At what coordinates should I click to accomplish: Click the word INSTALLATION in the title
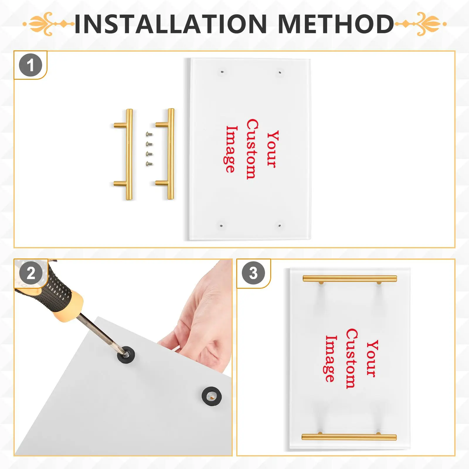click(171, 24)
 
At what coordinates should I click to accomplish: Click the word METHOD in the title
click(336, 24)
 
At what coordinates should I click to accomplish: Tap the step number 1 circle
click(30, 65)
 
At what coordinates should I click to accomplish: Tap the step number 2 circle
click(31, 273)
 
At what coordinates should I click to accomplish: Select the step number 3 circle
click(253, 273)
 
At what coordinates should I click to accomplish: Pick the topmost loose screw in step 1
click(149, 134)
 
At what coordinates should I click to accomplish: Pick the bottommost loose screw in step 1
click(149, 164)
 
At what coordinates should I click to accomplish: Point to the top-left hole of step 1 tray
click(222, 72)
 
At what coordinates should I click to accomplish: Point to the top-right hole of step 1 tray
click(280, 72)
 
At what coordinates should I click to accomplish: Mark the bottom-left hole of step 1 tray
click(221, 226)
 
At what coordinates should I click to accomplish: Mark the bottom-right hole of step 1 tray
click(280, 226)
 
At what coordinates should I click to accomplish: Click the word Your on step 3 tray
click(372, 358)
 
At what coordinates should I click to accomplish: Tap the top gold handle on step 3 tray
click(350, 279)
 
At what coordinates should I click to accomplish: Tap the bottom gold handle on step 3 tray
click(349, 437)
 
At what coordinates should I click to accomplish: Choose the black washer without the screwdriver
click(212, 397)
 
